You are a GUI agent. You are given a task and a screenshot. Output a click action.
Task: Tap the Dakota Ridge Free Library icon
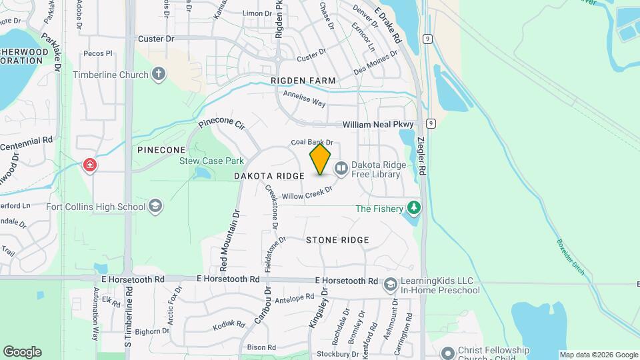(341, 168)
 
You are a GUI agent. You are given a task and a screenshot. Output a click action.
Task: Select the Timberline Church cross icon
(158, 74)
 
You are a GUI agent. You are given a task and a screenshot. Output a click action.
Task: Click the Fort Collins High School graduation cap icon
(155, 205)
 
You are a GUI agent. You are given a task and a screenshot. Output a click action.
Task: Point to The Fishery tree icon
(415, 208)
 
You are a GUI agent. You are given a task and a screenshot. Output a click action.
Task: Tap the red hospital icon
(89, 164)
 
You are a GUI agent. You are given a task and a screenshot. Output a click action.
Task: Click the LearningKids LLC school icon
(390, 285)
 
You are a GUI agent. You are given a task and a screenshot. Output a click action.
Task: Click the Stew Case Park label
(211, 161)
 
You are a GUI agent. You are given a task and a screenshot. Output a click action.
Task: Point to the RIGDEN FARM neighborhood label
(303, 81)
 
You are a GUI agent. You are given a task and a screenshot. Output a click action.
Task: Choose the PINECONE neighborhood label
(161, 150)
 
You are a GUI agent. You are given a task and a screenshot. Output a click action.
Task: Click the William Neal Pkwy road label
(378, 125)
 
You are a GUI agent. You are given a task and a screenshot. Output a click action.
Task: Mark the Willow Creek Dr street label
(307, 193)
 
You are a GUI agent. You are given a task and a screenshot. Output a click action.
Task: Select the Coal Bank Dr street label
(311, 142)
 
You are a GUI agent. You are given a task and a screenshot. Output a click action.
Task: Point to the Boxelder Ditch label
(569, 259)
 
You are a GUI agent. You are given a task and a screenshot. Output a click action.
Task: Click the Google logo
(22, 352)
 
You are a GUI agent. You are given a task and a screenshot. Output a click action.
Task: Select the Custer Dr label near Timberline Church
(155, 39)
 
